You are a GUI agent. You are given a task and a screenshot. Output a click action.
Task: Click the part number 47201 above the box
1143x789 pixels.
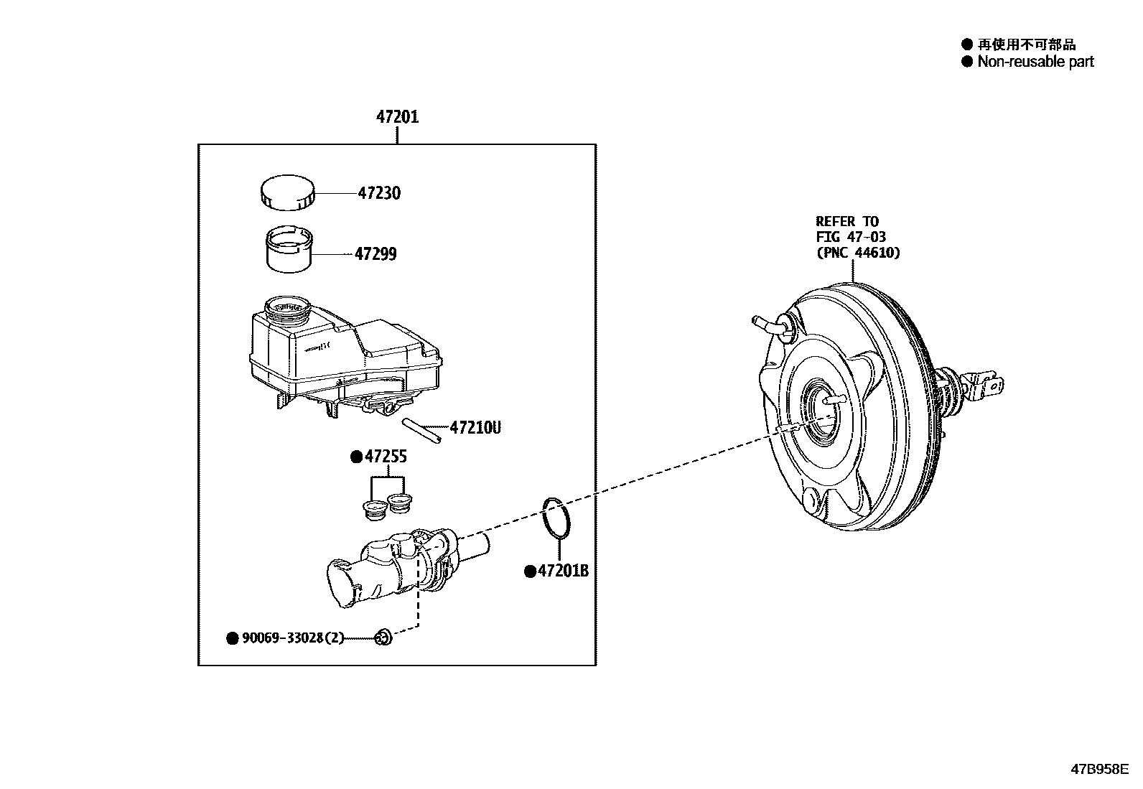click(x=397, y=116)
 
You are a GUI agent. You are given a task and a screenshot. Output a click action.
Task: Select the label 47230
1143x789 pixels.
click(x=379, y=193)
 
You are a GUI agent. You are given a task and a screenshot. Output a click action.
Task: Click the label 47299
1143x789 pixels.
click(x=375, y=254)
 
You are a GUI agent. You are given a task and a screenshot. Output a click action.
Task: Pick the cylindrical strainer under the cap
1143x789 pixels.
click(x=289, y=249)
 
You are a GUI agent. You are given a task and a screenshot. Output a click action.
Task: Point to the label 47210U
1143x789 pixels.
click(x=475, y=428)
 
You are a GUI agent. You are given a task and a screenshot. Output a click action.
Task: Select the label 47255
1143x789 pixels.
click(x=386, y=457)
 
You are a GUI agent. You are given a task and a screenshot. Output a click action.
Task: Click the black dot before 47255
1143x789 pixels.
click(x=355, y=457)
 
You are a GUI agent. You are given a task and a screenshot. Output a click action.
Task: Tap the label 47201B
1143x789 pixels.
click(x=563, y=571)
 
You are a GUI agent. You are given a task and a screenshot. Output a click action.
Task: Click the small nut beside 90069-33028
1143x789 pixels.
click(x=383, y=636)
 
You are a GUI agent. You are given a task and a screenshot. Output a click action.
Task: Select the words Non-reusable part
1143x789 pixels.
click(x=1035, y=62)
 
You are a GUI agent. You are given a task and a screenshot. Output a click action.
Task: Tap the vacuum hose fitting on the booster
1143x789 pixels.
click(x=770, y=325)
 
